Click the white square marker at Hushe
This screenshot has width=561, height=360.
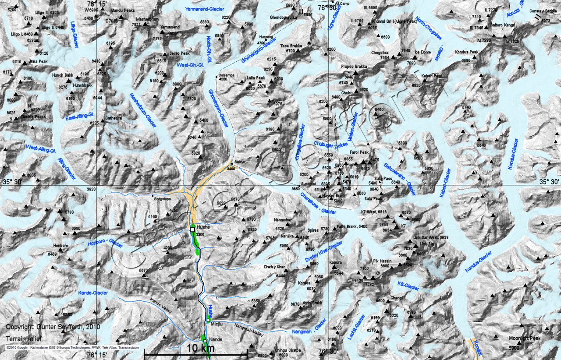tap(192, 229)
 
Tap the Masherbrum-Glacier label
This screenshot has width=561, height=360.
tap(143, 111)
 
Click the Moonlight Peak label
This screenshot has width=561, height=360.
tap(525, 338)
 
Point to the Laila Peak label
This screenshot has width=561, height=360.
tap(256, 78)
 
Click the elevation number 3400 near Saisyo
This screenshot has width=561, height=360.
tap(231, 169)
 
